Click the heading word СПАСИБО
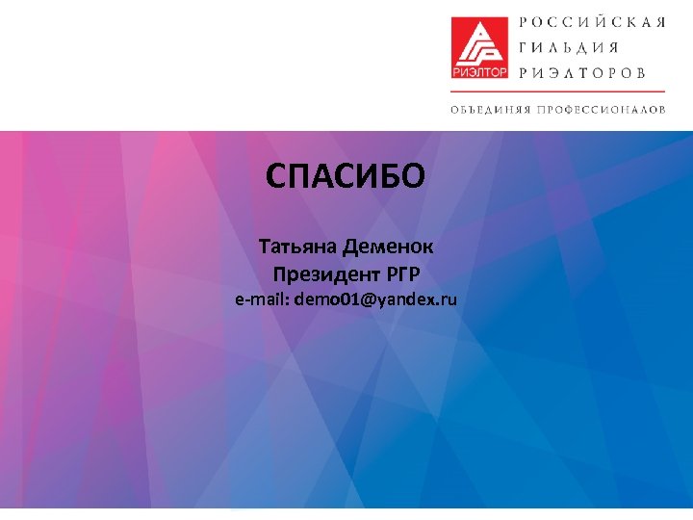click(345, 177)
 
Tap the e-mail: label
click(263, 299)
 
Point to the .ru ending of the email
click(448, 299)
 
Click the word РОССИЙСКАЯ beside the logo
click(592, 22)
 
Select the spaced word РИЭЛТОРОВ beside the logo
click(583, 72)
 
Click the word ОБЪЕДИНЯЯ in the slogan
click(490, 109)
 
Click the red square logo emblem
click(477, 47)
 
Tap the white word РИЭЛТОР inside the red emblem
click(477, 70)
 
